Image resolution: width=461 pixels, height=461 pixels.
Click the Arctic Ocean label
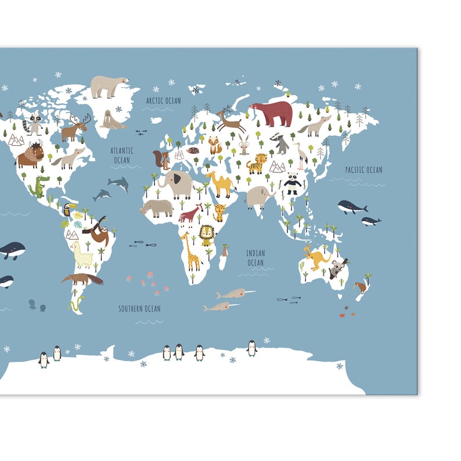(x=163, y=100)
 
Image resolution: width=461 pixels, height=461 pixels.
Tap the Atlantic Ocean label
(x=122, y=155)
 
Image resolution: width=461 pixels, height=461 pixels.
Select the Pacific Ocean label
(x=363, y=170)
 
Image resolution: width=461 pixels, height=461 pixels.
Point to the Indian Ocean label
(x=255, y=258)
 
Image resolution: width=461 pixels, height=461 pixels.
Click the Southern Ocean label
(x=139, y=308)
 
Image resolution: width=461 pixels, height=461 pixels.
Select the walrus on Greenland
(x=110, y=119)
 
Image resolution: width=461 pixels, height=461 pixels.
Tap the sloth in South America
(x=96, y=232)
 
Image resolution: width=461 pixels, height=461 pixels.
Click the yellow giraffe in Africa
(x=190, y=251)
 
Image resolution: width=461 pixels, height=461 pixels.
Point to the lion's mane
(x=207, y=234)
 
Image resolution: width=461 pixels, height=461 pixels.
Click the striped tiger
(x=256, y=164)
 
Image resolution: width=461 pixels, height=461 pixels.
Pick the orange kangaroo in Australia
(x=315, y=257)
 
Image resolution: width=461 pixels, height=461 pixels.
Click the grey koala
(x=337, y=268)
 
